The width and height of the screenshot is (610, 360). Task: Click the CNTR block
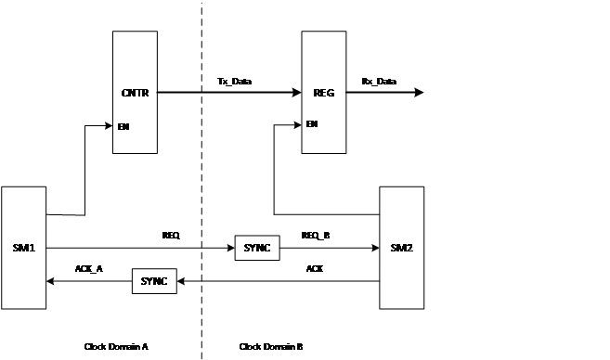pos(136,92)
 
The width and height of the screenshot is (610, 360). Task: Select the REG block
pos(325,92)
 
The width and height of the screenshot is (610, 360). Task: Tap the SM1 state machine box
pos(23,248)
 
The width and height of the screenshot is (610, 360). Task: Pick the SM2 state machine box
pos(401,248)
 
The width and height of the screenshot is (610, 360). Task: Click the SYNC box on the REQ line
pos(256,248)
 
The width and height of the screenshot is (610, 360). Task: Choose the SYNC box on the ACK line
pos(154,281)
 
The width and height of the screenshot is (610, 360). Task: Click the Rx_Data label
pos(379,82)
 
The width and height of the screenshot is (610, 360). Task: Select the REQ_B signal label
pos(317,237)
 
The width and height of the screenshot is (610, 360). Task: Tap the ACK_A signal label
pos(89,269)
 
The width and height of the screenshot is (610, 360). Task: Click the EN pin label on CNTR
pos(123,125)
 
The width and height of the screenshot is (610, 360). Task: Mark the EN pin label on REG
pos(312,123)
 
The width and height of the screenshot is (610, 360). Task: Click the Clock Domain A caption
pos(116,346)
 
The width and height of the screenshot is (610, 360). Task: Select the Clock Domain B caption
pos(271,346)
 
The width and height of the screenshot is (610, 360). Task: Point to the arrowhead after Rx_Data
pos(420,92)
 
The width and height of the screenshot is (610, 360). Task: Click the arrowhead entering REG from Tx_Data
pos(297,92)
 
